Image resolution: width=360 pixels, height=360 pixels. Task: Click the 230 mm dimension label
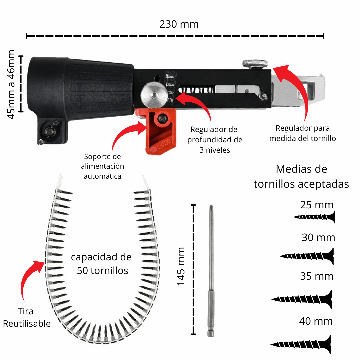(179, 24)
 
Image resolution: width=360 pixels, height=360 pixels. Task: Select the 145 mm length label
(181, 266)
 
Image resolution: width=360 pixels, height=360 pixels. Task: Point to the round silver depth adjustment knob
(153, 95)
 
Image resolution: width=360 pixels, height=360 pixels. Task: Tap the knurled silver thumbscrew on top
(256, 63)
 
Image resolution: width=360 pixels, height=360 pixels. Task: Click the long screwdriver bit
(211, 270)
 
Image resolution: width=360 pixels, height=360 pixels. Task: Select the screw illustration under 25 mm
(315, 217)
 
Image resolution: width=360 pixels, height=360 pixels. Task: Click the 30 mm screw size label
(318, 238)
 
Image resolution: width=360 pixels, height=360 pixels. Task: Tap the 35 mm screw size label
(317, 276)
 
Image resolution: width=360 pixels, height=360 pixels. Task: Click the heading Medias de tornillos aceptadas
(301, 176)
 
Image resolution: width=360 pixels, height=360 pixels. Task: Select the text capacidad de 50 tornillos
(102, 264)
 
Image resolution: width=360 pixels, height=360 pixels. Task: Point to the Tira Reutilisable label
(27, 317)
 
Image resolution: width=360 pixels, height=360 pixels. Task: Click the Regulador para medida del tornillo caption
(302, 133)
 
